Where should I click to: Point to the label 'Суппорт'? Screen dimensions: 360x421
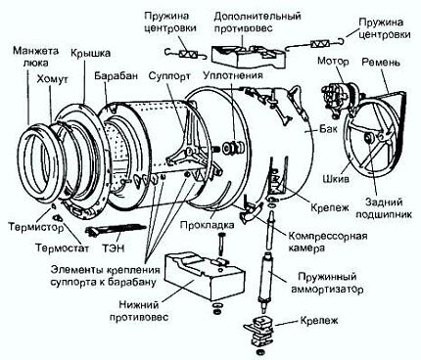pos(166,73)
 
